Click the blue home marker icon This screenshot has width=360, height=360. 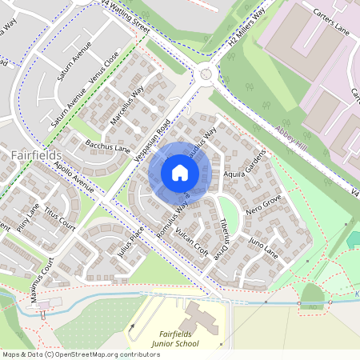click(x=179, y=173)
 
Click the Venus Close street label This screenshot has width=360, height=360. click(x=105, y=68)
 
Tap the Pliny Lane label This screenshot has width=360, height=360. click(x=29, y=221)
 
